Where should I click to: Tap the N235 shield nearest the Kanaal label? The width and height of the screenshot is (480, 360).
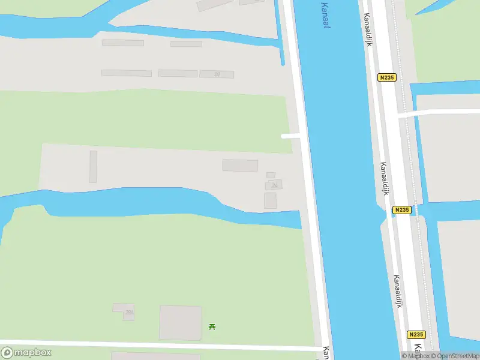click(386, 77)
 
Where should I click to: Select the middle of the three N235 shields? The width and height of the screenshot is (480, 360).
click(402, 209)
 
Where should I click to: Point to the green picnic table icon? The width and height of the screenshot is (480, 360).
click(212, 326)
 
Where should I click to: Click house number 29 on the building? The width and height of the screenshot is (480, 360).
click(217, 74)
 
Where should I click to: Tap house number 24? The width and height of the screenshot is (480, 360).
click(275, 185)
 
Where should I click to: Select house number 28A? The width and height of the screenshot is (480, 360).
click(129, 313)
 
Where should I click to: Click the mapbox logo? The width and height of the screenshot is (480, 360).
click(26, 353)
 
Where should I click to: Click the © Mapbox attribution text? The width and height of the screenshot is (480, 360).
click(415, 356)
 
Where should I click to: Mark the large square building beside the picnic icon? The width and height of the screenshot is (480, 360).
click(180, 322)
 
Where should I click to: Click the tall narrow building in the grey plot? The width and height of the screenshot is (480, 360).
click(93, 166)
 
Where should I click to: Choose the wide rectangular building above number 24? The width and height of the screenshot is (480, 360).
click(240, 165)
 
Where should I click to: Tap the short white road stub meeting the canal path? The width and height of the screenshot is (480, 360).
click(291, 136)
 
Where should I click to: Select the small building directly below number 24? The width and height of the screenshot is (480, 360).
click(271, 201)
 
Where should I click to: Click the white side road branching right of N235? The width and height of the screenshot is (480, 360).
click(438, 113)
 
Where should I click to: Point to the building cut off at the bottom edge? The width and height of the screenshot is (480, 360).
click(147, 356)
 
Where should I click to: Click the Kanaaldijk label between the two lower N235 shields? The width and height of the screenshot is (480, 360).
click(397, 291)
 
